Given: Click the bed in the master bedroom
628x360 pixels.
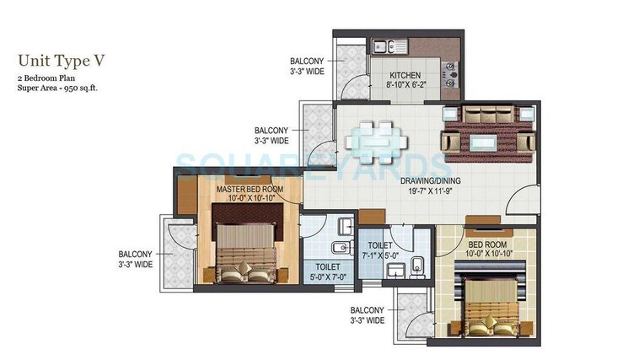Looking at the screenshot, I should (244, 253).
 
